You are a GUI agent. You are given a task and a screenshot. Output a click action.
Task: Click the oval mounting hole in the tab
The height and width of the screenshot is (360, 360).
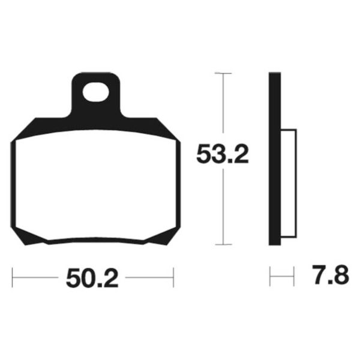(x=95, y=92)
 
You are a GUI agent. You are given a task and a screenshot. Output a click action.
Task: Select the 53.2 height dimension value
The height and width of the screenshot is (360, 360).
(x=223, y=156)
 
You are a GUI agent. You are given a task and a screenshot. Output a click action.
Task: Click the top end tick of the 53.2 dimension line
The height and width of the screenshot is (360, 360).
(x=223, y=73)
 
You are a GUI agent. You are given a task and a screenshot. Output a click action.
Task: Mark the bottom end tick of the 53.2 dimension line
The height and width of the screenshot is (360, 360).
(x=223, y=244)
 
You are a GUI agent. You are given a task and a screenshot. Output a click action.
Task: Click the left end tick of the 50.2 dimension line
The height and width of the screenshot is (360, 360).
(x=13, y=277)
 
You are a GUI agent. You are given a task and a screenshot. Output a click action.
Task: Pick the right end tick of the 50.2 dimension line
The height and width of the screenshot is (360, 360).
(x=173, y=277)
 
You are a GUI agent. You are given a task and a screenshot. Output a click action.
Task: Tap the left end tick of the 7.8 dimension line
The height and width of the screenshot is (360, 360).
(x=270, y=277)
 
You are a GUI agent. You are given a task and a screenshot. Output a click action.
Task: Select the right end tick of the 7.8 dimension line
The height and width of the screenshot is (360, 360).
(x=294, y=277)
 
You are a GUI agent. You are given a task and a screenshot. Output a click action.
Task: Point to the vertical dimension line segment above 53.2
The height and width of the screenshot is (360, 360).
(x=223, y=108)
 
